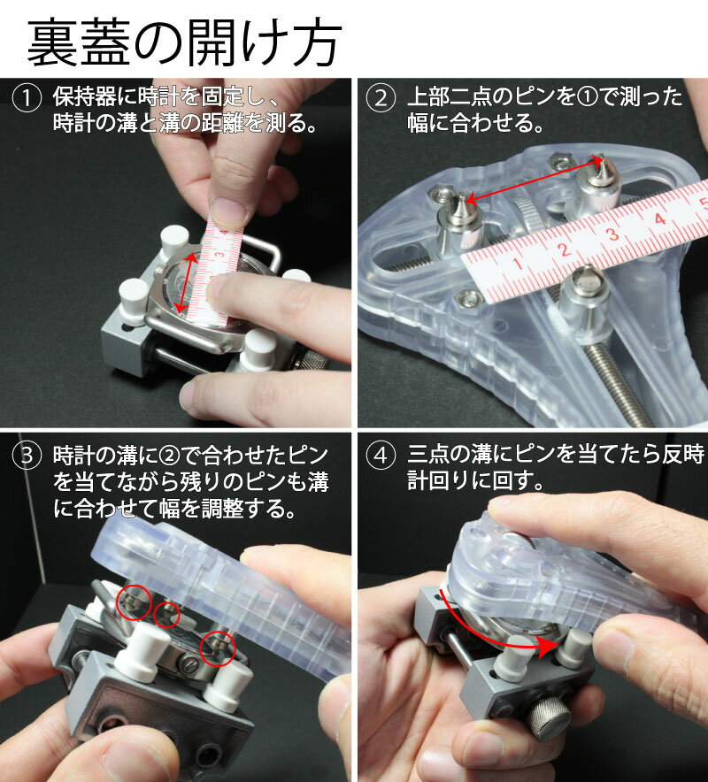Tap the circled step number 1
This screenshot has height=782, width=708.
(x=27, y=98)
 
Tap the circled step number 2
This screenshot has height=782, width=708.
(x=381, y=98)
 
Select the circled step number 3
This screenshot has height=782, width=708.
(x=27, y=456)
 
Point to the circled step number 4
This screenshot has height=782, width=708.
(x=381, y=456)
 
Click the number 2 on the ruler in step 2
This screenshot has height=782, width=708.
(x=565, y=249)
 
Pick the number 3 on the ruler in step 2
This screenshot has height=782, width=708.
(x=612, y=234)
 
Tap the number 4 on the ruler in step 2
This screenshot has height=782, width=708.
(x=660, y=218)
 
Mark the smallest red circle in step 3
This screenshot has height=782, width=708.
(x=166, y=614)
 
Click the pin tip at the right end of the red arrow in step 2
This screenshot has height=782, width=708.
(x=603, y=158)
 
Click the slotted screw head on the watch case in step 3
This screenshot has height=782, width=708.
(x=186, y=665)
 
